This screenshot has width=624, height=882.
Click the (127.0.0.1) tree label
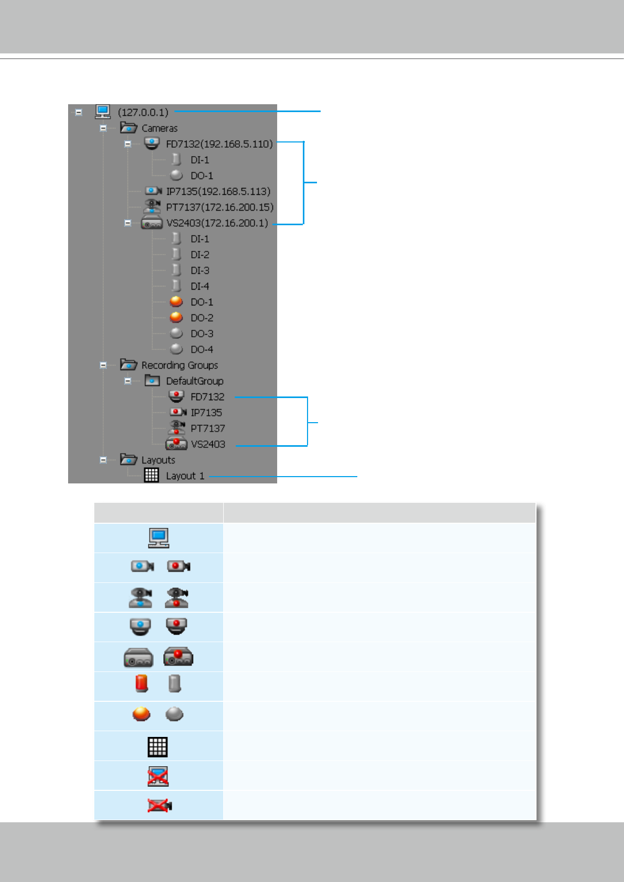coord(143,112)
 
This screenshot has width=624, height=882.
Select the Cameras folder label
coord(159,128)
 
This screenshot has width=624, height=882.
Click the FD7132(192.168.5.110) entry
coord(219,144)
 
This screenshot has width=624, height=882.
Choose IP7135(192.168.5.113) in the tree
coord(218,191)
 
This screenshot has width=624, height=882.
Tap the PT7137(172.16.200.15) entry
coord(220,207)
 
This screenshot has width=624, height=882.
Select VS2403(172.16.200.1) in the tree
coord(217,223)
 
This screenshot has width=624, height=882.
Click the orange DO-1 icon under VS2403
coord(177,302)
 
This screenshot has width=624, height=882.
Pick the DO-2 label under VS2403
coord(202,318)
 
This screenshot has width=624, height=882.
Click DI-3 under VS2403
coord(200,270)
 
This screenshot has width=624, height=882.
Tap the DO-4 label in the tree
coord(202,349)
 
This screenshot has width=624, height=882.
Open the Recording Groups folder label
coord(179,365)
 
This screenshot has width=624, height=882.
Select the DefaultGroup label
coord(194,381)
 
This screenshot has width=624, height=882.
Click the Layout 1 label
coord(185,476)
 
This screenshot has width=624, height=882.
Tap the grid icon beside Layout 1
coord(151,475)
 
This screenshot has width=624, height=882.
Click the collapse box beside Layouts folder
coord(103,460)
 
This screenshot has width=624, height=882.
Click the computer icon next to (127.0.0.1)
coord(103,112)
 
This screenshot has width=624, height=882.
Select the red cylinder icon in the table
coord(141,683)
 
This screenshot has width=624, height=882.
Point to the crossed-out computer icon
coord(158,776)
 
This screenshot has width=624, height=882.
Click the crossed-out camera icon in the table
coord(160,806)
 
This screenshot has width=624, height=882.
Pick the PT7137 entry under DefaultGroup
coord(207,428)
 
